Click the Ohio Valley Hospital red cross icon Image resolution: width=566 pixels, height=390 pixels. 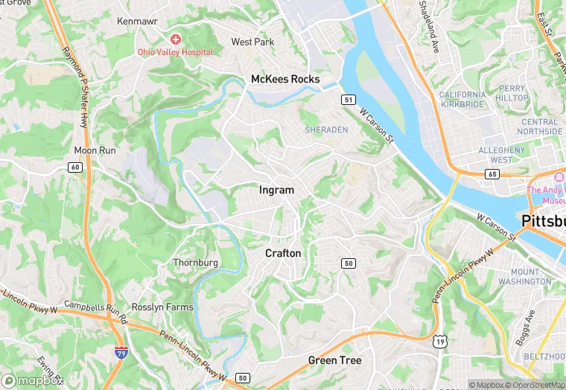click(176, 39)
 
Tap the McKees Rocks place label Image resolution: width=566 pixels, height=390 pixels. click(285, 79)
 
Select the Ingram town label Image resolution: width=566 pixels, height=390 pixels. click(276, 190)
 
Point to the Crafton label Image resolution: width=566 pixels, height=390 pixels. click(283, 253)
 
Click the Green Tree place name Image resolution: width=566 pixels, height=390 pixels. click(334, 360)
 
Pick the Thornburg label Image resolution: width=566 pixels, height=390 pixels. click(196, 263)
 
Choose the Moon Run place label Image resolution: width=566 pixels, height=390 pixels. click(95, 150)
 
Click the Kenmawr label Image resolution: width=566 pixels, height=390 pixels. click(136, 22)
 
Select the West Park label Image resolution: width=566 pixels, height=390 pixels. click(252, 42)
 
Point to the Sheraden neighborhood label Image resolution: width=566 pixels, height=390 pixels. click(326, 130)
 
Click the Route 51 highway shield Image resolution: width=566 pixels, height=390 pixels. click(348, 99)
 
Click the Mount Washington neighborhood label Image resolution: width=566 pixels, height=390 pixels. click(531, 277)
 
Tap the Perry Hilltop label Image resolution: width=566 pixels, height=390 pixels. click(512, 93)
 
